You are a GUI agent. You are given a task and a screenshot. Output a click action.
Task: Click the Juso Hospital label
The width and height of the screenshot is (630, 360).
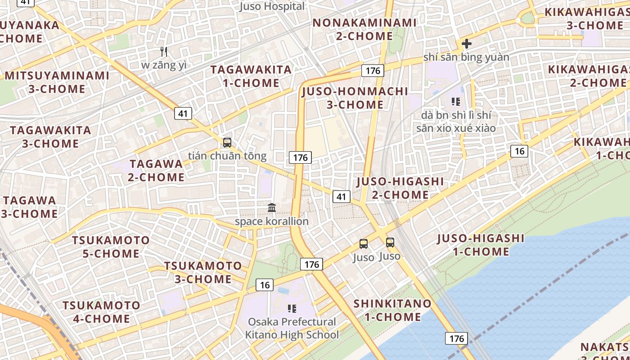[272, 6]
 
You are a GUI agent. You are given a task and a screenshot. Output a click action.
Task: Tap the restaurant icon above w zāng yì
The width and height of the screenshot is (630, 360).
[164, 52]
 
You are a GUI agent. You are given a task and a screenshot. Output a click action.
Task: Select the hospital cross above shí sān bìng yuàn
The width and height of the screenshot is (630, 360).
[467, 44]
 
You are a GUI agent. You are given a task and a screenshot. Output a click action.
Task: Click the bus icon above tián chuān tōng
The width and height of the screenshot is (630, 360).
[227, 143]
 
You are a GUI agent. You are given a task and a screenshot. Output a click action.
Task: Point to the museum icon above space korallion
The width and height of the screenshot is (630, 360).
[272, 207]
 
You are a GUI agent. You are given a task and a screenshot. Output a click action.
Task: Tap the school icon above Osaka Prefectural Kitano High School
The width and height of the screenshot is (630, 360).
[292, 308]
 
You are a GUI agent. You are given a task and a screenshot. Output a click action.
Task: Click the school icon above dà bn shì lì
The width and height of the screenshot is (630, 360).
[455, 102]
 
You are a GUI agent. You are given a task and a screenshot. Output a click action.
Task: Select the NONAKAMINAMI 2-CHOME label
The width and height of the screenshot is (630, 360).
[364, 29]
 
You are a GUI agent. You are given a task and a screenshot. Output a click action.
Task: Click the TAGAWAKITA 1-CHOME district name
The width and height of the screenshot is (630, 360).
[251, 76]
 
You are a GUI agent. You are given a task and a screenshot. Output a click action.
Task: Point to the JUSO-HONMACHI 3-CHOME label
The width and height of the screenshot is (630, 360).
[355, 98]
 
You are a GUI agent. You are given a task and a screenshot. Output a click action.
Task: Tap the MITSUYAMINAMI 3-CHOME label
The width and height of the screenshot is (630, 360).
[57, 82]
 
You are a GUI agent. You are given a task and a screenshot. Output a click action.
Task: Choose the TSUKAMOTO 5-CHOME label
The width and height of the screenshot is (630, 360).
[111, 247]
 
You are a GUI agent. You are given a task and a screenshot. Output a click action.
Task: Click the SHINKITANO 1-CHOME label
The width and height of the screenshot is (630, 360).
[392, 310]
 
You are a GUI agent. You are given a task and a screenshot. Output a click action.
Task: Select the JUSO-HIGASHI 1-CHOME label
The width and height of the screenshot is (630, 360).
[481, 245]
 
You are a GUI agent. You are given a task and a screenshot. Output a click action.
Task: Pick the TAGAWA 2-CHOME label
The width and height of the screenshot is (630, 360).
[156, 171]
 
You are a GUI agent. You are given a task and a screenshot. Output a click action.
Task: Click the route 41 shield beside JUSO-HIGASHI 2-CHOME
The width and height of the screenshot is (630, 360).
[342, 196]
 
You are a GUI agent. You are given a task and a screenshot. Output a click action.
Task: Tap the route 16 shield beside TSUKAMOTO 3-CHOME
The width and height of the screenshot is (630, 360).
[265, 284]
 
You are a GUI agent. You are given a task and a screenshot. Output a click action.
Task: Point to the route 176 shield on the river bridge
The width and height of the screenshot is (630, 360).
[457, 338]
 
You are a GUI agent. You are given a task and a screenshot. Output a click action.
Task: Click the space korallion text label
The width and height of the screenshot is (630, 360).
[272, 221]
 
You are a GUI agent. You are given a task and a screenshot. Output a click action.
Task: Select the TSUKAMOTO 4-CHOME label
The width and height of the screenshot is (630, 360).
[101, 312]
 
